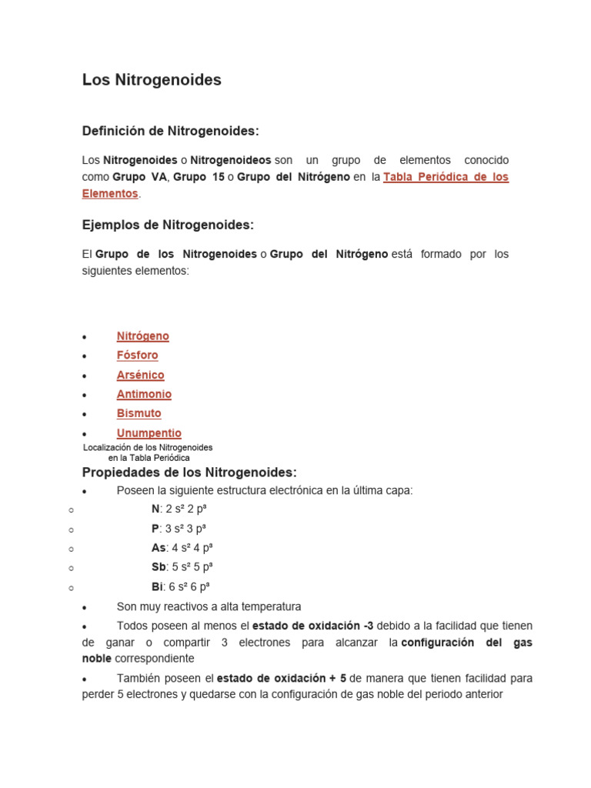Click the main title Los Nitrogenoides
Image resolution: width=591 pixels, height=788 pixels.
(152, 80)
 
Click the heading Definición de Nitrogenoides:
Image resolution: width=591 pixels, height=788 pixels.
(170, 132)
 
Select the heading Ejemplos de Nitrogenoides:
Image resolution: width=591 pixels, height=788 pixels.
(167, 225)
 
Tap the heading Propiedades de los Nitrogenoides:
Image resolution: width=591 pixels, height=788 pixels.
(189, 472)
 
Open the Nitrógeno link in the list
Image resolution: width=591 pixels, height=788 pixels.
(142, 336)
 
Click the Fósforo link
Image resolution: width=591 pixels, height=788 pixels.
(137, 356)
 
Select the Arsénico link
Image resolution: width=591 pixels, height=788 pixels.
(140, 375)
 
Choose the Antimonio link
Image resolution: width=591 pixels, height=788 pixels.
(144, 394)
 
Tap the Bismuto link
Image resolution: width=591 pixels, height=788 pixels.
(139, 413)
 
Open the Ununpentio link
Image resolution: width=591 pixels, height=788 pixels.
(149, 433)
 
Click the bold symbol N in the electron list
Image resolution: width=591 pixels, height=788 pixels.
(155, 509)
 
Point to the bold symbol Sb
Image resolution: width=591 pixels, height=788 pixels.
(159, 567)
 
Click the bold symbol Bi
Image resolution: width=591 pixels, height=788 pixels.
(157, 586)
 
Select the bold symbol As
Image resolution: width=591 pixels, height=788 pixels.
(159, 548)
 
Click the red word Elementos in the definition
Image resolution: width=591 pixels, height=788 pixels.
(110, 194)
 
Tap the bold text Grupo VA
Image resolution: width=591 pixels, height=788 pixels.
(139, 177)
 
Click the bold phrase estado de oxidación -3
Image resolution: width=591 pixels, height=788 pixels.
(312, 626)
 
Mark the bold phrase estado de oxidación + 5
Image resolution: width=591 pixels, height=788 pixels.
(282, 678)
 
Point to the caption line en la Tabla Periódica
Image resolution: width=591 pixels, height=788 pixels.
(149, 458)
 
